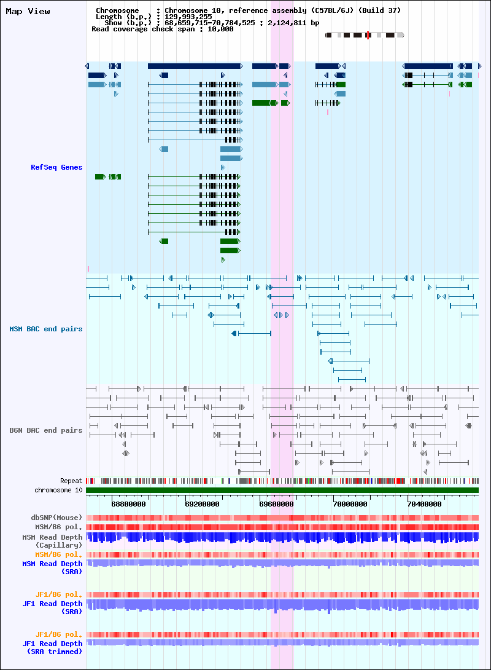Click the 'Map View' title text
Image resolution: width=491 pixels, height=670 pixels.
(28, 12)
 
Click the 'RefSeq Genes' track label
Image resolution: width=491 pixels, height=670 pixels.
(56, 167)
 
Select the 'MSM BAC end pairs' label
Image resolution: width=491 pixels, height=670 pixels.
(45, 329)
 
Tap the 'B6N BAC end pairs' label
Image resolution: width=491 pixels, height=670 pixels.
(45, 430)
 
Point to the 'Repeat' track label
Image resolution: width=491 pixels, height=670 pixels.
(71, 481)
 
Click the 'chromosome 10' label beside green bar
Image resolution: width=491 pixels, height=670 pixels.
(58, 490)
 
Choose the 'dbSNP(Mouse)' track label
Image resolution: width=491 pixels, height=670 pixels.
(56, 518)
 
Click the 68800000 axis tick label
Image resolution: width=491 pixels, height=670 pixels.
(128, 504)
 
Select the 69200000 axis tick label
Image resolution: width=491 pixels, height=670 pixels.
(202, 504)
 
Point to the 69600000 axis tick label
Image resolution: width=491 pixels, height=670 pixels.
(276, 504)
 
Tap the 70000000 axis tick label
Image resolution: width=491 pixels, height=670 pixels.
(350, 504)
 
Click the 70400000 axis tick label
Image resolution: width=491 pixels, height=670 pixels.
(425, 504)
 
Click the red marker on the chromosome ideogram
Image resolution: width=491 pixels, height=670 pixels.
(368, 35)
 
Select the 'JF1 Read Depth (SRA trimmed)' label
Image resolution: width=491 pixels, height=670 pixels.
(52, 647)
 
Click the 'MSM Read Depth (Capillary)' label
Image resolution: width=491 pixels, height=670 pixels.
(52, 541)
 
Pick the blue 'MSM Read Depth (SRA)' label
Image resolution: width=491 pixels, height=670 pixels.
(52, 567)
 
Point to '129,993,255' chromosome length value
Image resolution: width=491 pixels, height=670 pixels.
(188, 17)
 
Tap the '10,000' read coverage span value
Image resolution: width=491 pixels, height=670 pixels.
(220, 29)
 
